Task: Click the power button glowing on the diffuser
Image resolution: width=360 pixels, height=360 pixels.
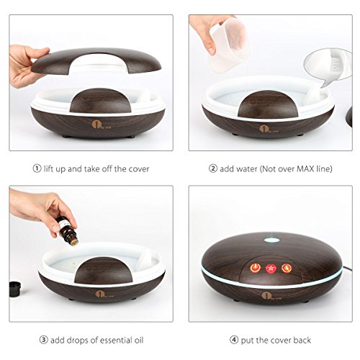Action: pyautogui.click(x=255, y=268)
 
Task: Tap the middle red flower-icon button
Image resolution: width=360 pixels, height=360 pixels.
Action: pyautogui.click(x=271, y=269)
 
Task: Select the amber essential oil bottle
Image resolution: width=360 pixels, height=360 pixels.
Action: pyautogui.click(x=64, y=228)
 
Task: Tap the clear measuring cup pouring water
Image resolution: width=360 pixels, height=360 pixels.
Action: pyautogui.click(x=228, y=45)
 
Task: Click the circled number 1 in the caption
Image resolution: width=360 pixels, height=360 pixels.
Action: pyautogui.click(x=37, y=168)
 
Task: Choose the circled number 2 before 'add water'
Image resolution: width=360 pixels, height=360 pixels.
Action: pyautogui.click(x=213, y=168)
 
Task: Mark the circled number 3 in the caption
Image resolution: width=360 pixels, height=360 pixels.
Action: pyautogui.click(x=43, y=340)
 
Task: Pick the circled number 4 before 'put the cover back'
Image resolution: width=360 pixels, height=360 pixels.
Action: pyautogui.click(x=234, y=340)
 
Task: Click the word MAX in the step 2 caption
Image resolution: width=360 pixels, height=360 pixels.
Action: pyautogui.click(x=305, y=168)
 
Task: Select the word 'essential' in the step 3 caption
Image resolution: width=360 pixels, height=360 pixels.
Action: pyautogui.click(x=116, y=340)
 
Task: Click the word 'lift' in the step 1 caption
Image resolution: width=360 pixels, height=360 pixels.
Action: pyautogui.click(x=48, y=168)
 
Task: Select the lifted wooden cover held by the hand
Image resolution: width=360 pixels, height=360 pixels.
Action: pyautogui.click(x=96, y=60)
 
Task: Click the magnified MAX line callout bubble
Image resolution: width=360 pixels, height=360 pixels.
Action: pyautogui.click(x=328, y=68)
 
